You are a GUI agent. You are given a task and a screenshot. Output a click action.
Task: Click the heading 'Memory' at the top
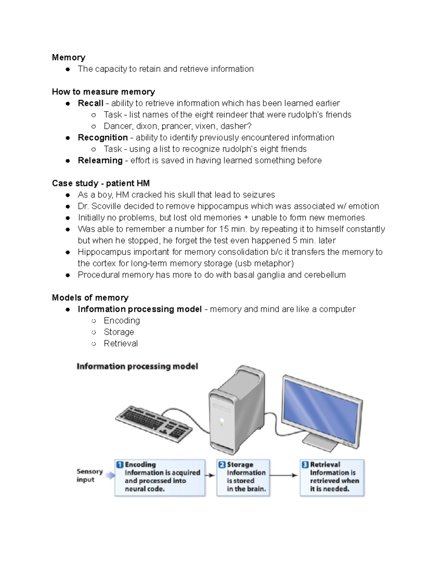point(69,57)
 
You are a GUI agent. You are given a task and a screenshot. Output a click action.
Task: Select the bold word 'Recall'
point(90,103)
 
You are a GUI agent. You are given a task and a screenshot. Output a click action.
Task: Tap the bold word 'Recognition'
point(102,137)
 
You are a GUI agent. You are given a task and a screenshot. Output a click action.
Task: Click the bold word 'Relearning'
point(100,160)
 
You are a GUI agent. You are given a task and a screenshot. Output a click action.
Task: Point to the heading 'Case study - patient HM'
point(101,183)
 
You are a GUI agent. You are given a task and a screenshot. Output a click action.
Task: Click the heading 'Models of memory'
point(90,298)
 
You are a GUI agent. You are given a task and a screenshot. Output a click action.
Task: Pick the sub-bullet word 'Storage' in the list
point(119,332)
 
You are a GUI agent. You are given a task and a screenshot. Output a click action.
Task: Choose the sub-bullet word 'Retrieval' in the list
point(120,343)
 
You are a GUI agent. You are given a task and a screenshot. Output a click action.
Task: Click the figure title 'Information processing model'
point(137,366)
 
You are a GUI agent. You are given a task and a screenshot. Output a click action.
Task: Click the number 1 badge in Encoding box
point(120,464)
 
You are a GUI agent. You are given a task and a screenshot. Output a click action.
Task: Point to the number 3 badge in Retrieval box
point(305,464)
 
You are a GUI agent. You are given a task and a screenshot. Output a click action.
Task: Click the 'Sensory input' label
point(89,476)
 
